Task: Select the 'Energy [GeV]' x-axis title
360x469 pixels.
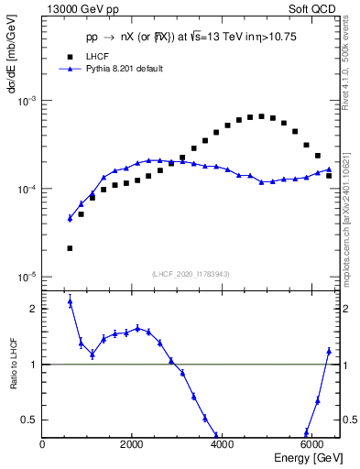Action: [310, 459]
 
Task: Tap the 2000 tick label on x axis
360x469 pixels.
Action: [132, 446]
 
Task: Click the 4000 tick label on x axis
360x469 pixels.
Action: [222, 446]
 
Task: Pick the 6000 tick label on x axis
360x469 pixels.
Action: [311, 446]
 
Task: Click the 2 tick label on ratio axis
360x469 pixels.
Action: [34, 309]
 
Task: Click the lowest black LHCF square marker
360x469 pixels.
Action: [70, 248]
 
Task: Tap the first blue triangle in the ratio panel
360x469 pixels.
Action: [70, 301]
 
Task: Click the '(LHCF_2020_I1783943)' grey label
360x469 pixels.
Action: [191, 273]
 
